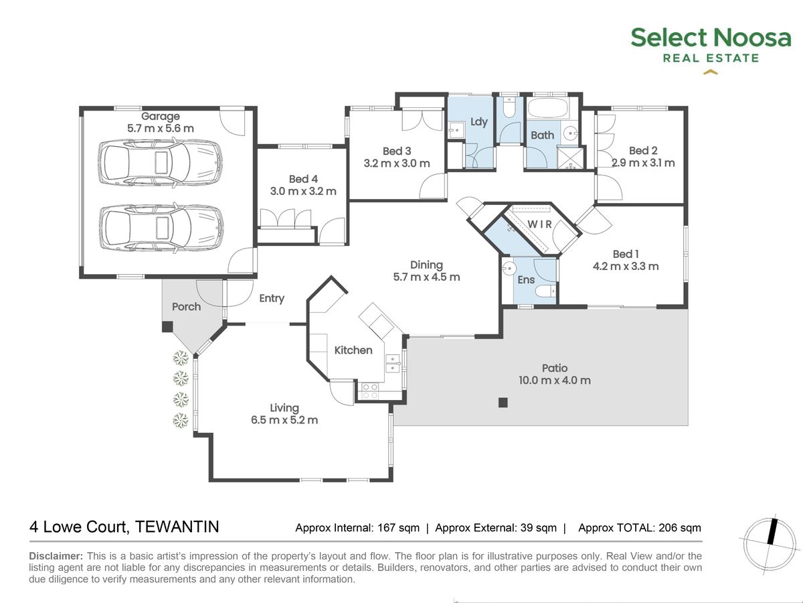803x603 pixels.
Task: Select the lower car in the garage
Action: click(x=161, y=228)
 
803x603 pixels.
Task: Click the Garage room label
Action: click(x=160, y=117)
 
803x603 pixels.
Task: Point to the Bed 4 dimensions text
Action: click(x=303, y=191)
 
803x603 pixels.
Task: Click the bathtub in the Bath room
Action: click(x=547, y=108)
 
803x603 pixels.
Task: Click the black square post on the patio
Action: click(x=503, y=403)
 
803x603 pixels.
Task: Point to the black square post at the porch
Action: click(x=167, y=327)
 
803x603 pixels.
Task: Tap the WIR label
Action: click(x=539, y=224)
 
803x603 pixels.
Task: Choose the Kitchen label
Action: click(x=353, y=350)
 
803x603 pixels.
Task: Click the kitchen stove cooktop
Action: click(x=369, y=391)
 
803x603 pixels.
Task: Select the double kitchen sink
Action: click(x=393, y=363)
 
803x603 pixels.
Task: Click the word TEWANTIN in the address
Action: click(x=177, y=527)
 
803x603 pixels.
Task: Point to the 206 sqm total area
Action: click(x=680, y=527)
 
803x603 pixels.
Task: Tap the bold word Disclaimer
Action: click(x=56, y=556)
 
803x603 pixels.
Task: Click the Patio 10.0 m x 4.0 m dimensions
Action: click(x=555, y=381)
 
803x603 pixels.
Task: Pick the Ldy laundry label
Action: click(x=479, y=121)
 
